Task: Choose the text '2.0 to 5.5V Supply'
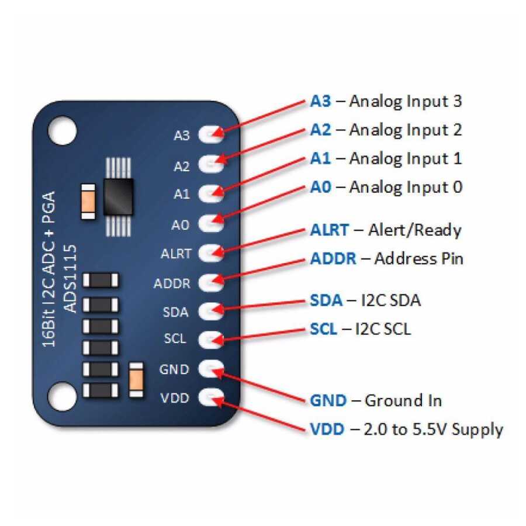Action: [x=433, y=430]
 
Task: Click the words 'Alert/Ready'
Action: [x=414, y=230]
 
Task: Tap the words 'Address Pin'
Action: [x=418, y=258]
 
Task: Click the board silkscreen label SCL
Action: [x=177, y=339]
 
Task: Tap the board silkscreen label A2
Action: [x=182, y=166]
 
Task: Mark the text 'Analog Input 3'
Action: [x=406, y=101]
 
